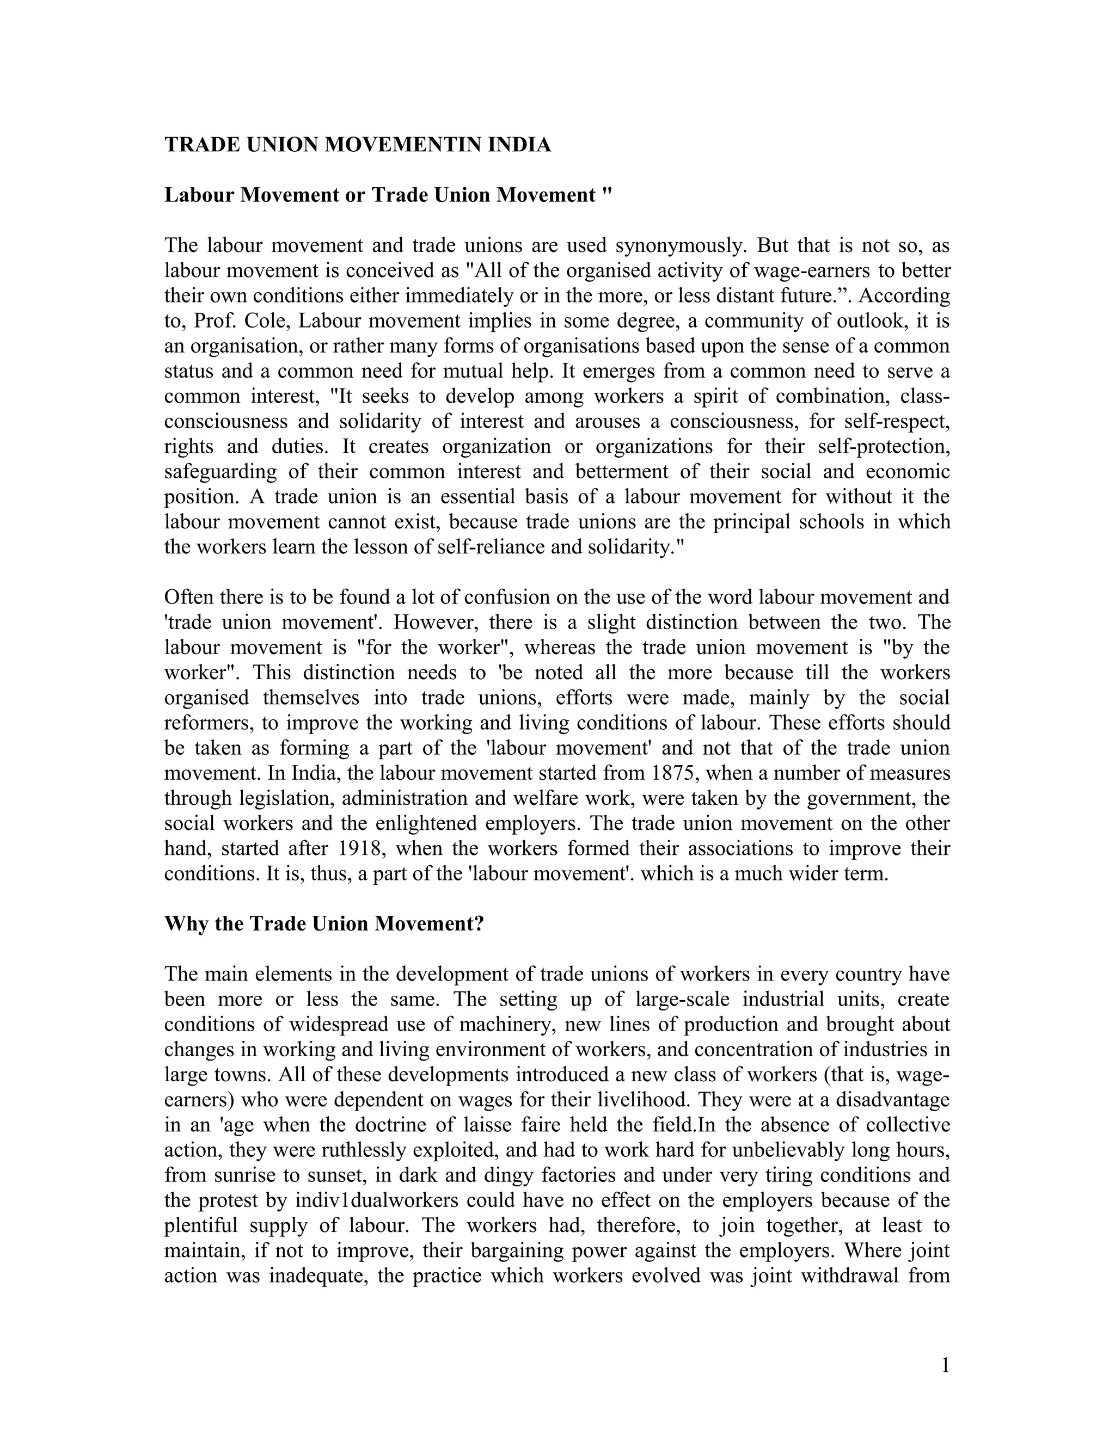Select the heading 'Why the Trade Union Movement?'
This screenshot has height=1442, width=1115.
[324, 923]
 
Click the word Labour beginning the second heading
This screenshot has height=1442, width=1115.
[198, 195]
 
